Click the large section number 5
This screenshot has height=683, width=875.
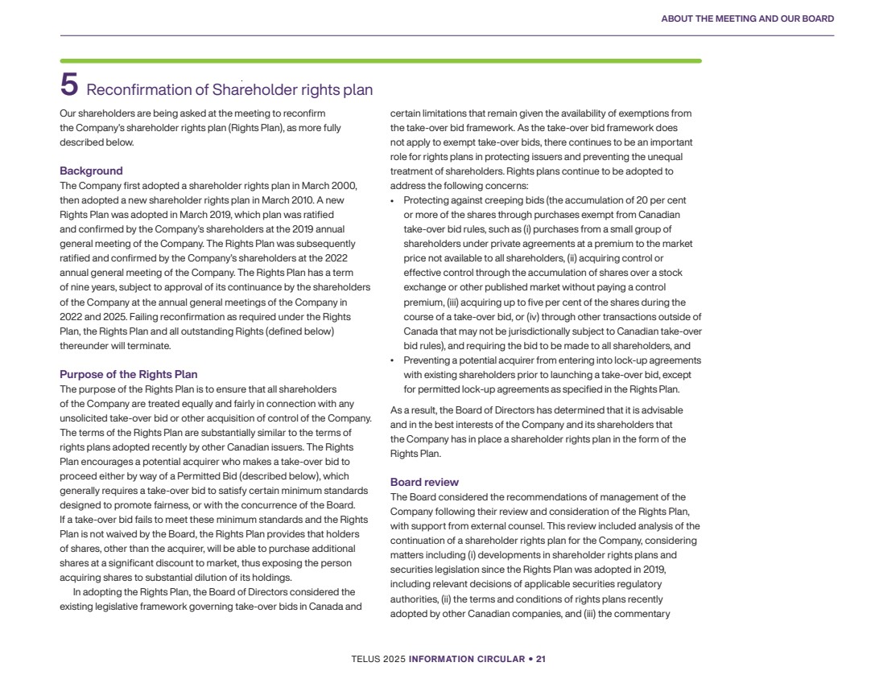(69, 85)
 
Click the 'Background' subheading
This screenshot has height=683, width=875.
(91, 171)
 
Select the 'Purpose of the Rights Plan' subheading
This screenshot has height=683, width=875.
(128, 374)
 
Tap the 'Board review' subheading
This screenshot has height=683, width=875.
(424, 482)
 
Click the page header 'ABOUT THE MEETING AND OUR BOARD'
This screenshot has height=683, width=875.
(747, 19)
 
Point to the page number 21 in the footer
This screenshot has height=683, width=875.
(541, 659)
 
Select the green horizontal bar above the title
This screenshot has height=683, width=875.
(380, 60)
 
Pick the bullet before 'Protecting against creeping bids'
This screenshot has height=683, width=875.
(392, 201)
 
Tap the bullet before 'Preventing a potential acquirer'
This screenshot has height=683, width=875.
(392, 360)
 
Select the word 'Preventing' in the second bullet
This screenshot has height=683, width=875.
(427, 360)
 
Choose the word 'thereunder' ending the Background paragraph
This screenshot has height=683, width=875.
(86, 346)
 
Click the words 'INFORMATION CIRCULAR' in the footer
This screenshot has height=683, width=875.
(466, 659)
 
